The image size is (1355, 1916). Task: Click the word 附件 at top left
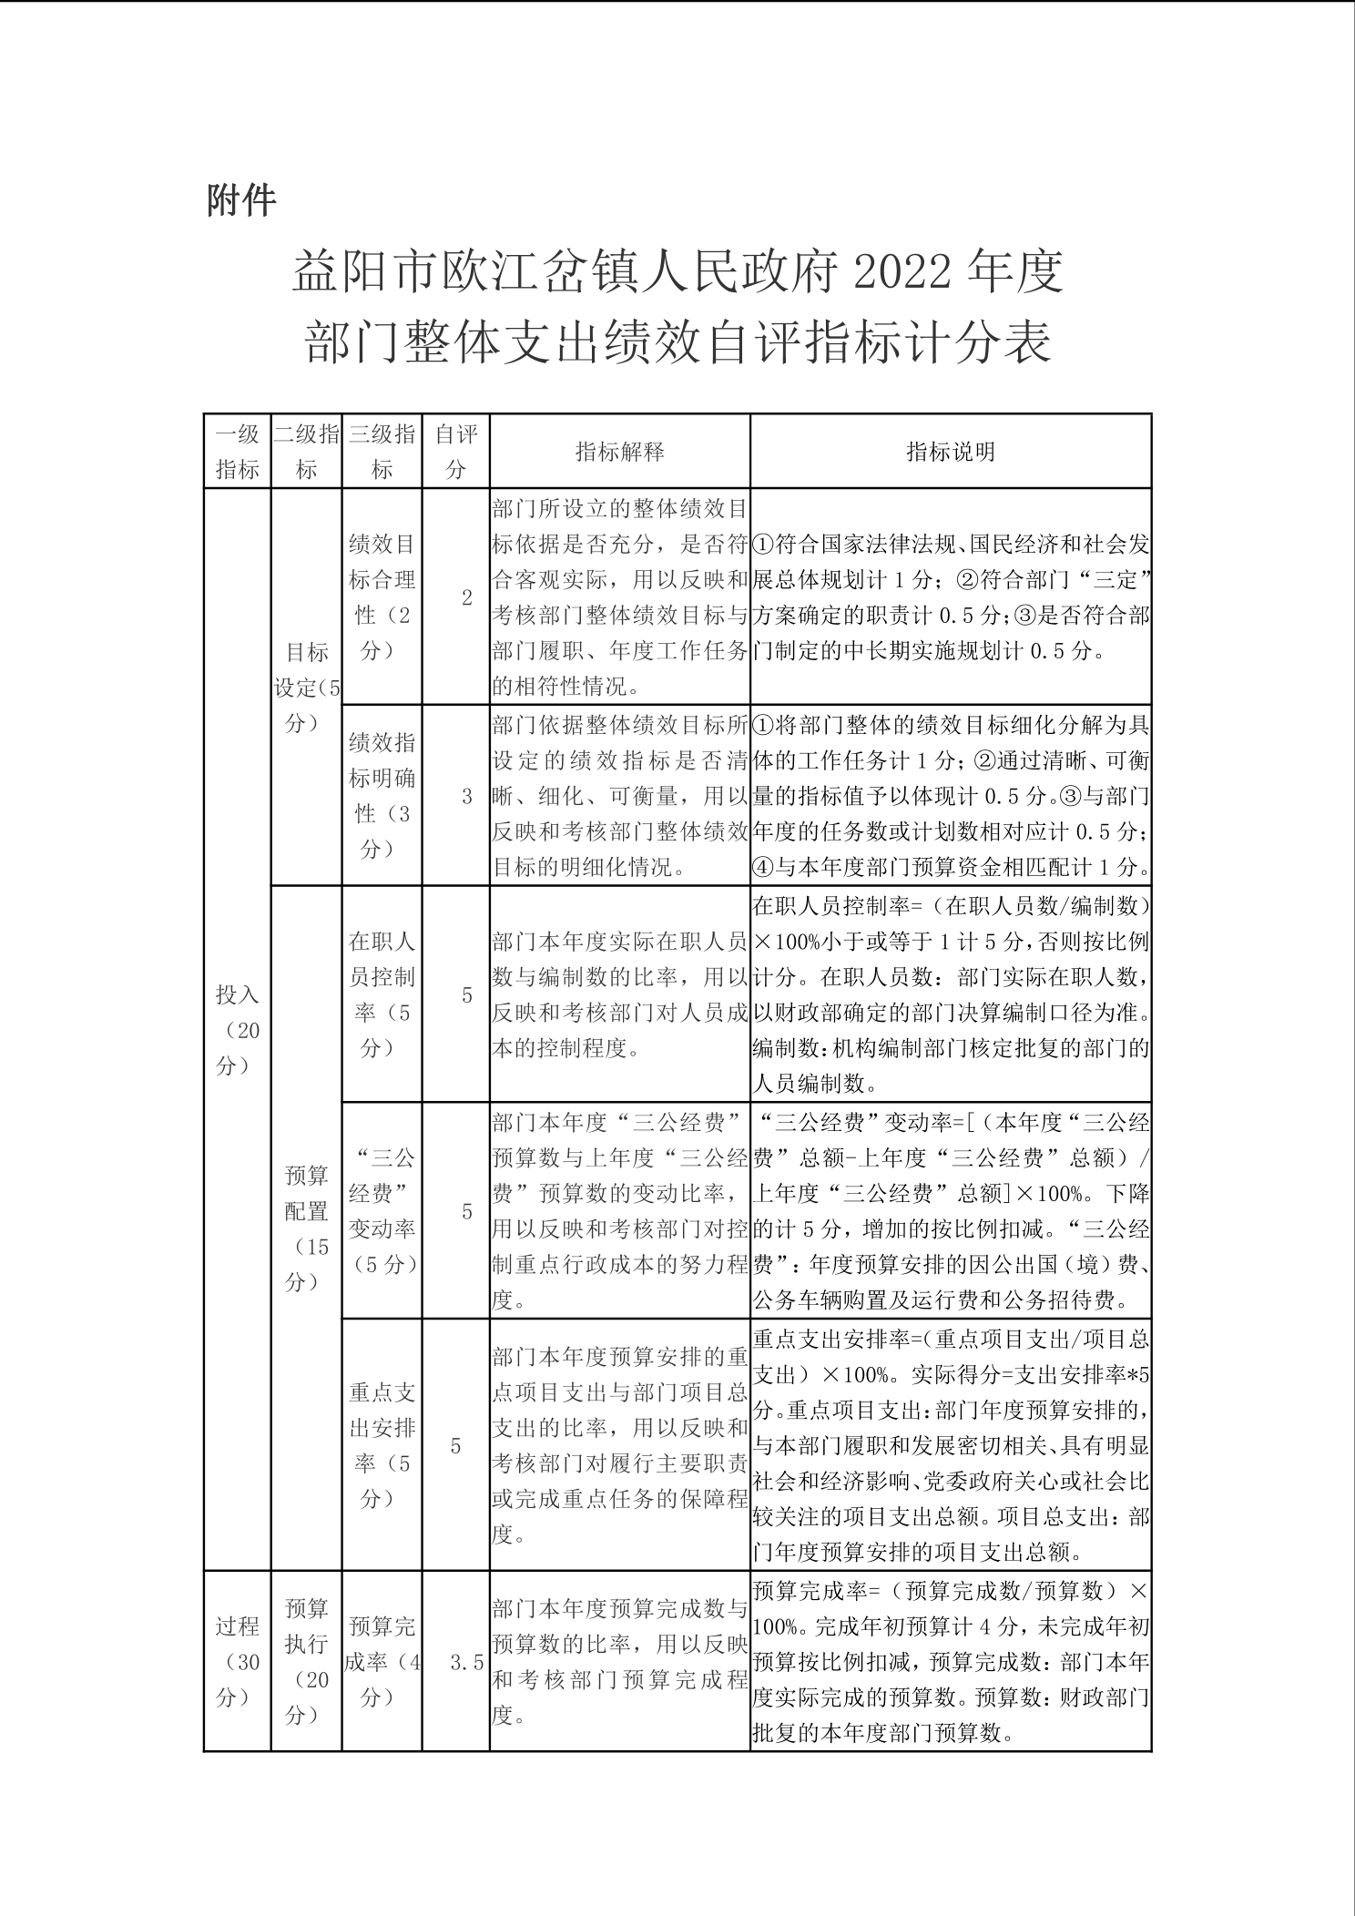[241, 199]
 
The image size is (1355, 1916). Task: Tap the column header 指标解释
[619, 452]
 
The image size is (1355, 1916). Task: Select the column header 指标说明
[950, 452]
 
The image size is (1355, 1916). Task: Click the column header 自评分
[455, 451]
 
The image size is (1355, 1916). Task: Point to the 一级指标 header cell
[237, 451]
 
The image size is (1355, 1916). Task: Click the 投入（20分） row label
[237, 1030]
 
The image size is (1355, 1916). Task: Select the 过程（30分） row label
[237, 1662]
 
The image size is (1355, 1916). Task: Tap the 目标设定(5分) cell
[307, 688]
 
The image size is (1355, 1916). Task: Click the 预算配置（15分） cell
[307, 1228]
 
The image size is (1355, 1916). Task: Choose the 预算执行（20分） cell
[307, 1662]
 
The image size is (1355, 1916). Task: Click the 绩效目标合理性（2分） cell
[382, 597]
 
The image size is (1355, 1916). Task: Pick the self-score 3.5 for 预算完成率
[467, 1663]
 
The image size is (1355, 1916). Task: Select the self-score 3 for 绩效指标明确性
[467, 796]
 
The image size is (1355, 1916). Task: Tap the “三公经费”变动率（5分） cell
[382, 1211]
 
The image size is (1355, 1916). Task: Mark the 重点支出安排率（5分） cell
[382, 1445]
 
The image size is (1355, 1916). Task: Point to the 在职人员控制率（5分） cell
[382, 994]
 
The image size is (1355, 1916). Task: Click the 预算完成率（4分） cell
[382, 1662]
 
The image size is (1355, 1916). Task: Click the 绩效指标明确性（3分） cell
[382, 796]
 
